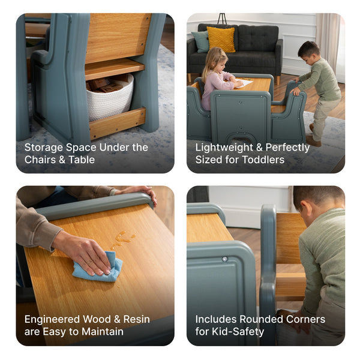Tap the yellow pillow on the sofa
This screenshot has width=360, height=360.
[x=221, y=39]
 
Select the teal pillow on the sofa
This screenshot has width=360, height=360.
[x=201, y=41]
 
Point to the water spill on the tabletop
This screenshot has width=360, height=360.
[x=122, y=239]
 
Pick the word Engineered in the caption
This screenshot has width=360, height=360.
[x=52, y=319]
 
